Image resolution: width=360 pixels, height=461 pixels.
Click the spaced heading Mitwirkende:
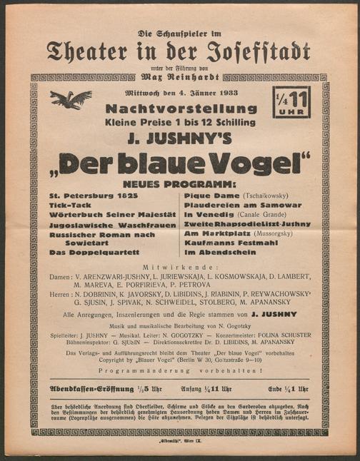point(179,266)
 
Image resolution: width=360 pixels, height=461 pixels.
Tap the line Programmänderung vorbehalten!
point(181,370)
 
